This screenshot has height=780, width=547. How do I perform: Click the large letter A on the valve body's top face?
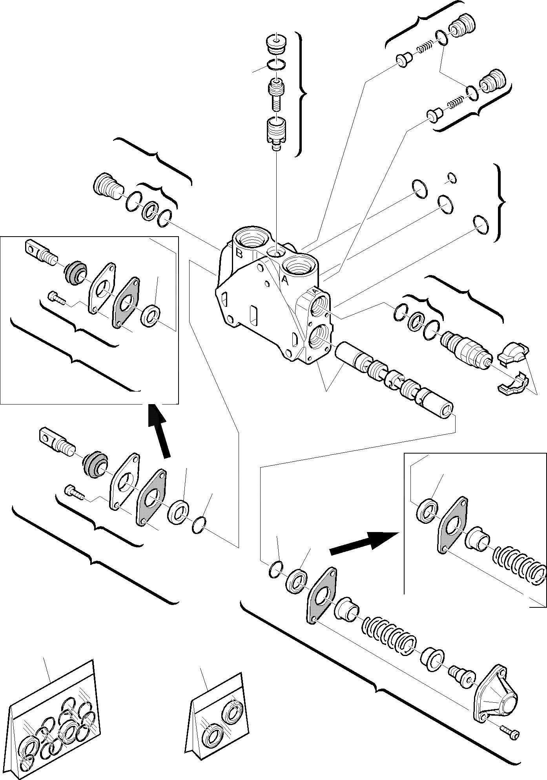pos(285,281)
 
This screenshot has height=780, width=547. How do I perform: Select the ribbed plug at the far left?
pos(107,188)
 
